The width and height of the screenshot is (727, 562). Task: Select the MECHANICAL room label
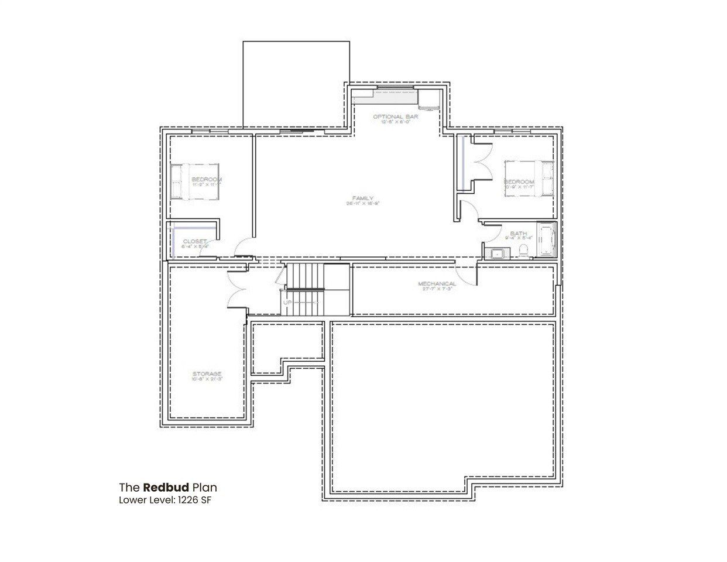437,284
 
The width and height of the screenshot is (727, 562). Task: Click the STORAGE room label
207,373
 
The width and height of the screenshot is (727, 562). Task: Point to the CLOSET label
194,241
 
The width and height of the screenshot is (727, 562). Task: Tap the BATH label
518,234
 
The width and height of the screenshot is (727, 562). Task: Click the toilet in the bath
523,252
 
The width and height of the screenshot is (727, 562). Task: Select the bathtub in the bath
546,241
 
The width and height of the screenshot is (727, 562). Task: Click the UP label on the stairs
287,303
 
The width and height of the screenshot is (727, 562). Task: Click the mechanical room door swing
466,270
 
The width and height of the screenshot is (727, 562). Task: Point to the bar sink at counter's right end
429,100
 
